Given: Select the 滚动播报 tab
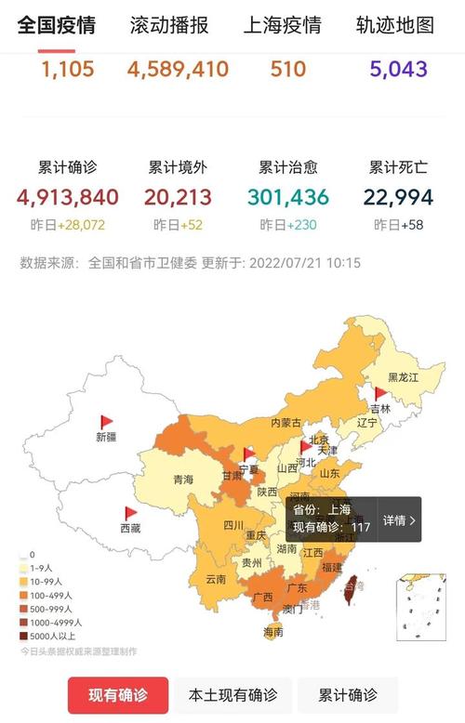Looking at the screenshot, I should (168, 25).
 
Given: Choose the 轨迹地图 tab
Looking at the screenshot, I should (395, 25).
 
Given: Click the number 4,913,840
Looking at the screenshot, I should (67, 197).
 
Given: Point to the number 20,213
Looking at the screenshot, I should (178, 197).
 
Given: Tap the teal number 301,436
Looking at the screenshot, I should (288, 197).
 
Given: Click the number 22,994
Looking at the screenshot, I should (398, 197).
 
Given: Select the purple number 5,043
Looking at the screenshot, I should (397, 69).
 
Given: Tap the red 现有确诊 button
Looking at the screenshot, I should (118, 695).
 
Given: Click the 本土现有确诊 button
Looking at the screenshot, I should (232, 695).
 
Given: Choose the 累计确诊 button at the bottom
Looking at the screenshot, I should (348, 695).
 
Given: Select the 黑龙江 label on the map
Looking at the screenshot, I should (404, 377).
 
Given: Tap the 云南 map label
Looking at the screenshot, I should (216, 579).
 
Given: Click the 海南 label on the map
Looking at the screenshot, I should (272, 632).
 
